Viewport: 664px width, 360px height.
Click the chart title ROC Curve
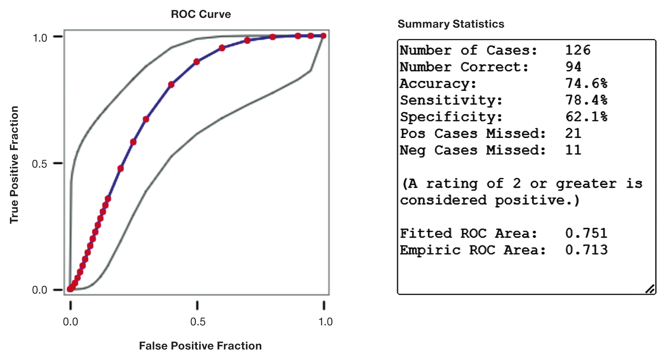(201, 14)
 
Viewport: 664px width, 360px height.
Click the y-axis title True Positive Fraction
(14, 165)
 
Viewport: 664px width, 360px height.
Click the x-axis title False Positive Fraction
(200, 346)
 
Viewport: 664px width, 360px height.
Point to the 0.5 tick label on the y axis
(39, 164)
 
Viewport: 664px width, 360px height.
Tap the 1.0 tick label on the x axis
(325, 322)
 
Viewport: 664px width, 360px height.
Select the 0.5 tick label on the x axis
(198, 322)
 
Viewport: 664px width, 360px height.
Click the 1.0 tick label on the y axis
(40, 38)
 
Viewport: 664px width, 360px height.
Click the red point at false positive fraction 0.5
(197, 62)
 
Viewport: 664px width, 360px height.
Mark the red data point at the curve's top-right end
(323, 36)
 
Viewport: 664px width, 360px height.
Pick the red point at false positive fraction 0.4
(171, 85)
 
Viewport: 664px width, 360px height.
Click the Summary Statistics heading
(451, 24)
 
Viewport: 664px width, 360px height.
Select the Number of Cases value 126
(578, 50)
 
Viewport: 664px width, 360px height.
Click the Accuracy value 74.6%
(586, 83)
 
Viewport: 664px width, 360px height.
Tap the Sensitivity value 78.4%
(586, 100)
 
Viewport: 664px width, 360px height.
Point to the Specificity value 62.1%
(586, 117)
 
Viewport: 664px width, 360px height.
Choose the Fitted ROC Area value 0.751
(586, 233)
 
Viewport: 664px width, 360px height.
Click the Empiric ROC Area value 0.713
(586, 250)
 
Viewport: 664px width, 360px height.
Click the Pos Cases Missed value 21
(573, 133)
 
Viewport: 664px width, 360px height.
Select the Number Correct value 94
(573, 67)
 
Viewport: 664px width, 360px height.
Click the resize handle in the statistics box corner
(650, 289)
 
